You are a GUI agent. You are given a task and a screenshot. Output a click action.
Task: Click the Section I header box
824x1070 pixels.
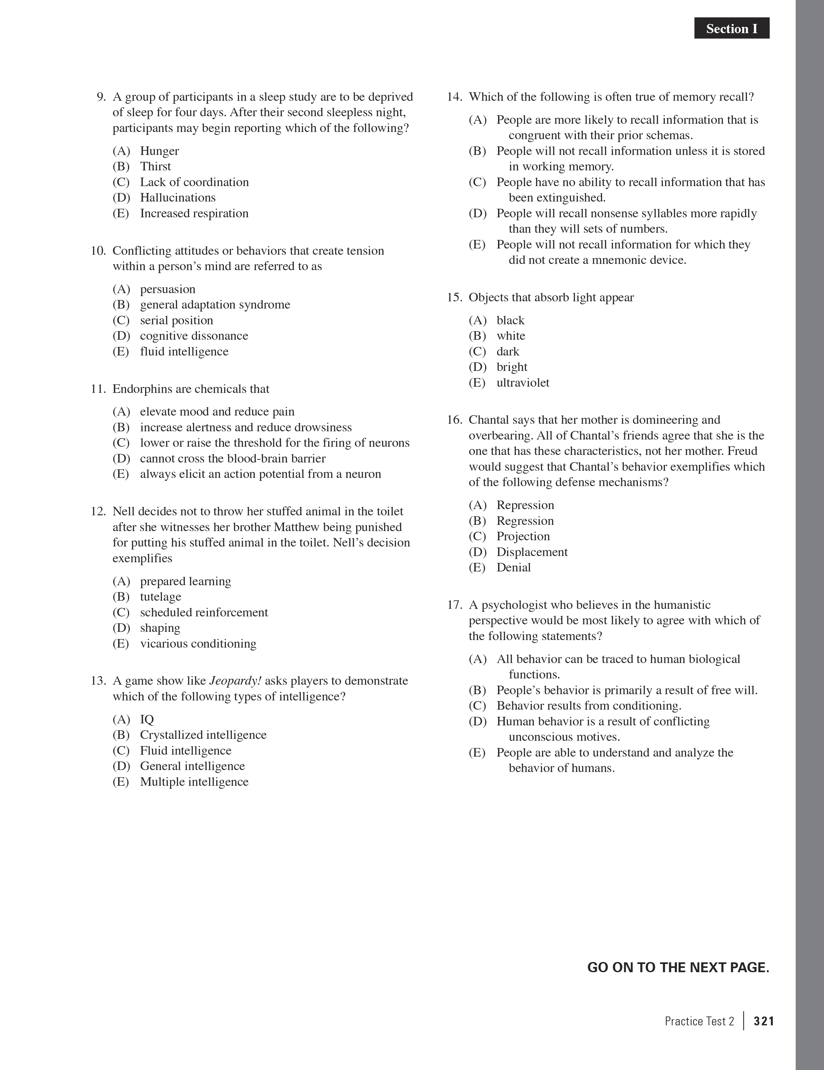click(x=731, y=29)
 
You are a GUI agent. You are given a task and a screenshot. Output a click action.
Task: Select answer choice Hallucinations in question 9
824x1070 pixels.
click(x=177, y=198)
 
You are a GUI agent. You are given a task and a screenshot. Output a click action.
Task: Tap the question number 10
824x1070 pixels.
click(x=98, y=251)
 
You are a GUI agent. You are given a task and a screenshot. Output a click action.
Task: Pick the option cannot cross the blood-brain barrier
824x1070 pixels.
click(x=233, y=459)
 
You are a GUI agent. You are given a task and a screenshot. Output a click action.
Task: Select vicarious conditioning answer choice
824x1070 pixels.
click(x=198, y=643)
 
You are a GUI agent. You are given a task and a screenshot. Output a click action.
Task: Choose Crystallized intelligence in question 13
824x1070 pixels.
click(x=203, y=735)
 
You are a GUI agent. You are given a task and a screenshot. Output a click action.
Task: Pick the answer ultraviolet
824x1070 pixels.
click(x=523, y=383)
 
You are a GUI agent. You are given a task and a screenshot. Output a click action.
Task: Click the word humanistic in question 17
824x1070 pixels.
click(x=683, y=605)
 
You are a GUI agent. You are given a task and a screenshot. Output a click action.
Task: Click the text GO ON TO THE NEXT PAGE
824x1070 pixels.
click(x=678, y=968)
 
